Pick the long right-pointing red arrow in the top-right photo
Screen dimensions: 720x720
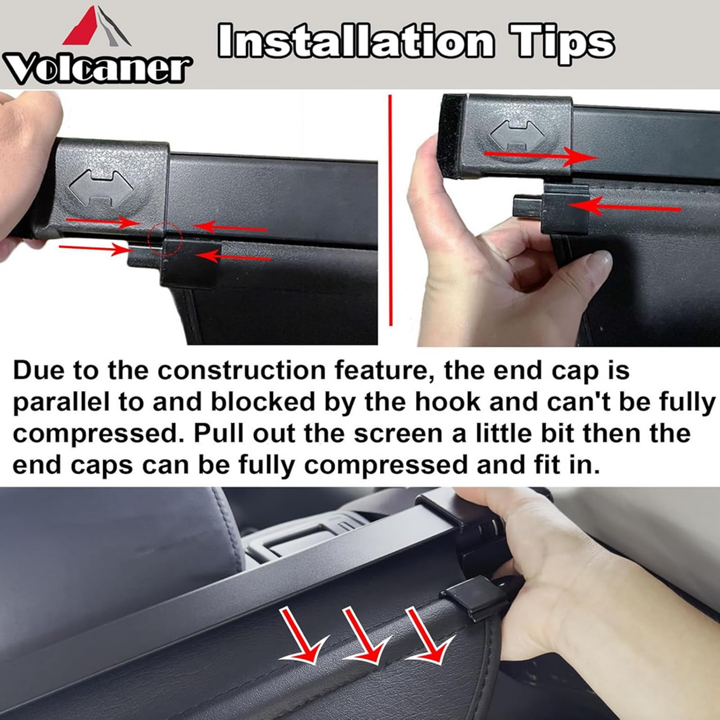pyautogui.click(x=540, y=156)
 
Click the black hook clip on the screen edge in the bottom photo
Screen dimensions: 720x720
pyautogui.click(x=472, y=596)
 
